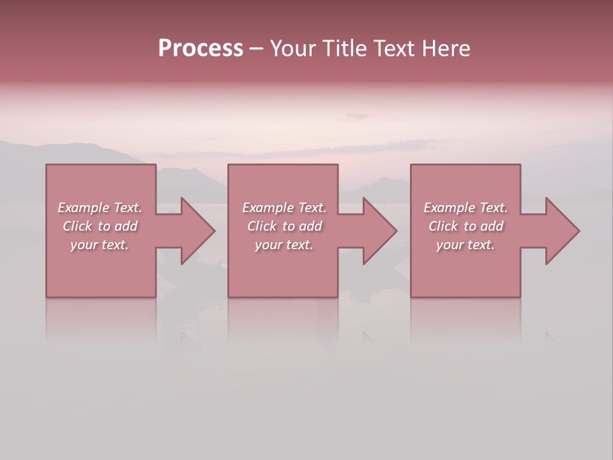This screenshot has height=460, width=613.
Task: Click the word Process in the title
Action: coord(201,49)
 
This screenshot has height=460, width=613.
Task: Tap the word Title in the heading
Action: coord(345,49)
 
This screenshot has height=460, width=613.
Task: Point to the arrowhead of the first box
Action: coord(195,231)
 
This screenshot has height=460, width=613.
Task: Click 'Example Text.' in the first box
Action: coord(100,208)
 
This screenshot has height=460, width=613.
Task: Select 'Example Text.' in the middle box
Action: coord(284,208)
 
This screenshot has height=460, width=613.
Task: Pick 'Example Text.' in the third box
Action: coord(465,208)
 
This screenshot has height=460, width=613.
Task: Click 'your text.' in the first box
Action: coord(100,245)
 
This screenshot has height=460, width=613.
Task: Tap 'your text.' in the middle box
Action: coord(284,245)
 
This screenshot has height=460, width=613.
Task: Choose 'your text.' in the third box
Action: coord(465,245)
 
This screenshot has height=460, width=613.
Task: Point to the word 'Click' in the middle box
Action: coord(262,226)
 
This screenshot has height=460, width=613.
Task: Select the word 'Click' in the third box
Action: coord(444,226)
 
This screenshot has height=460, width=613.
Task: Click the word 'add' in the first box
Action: coord(126,226)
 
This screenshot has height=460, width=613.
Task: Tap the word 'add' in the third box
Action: coord(492,226)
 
